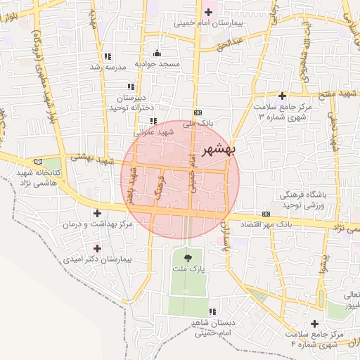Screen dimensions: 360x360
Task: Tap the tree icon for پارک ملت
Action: pos(187,259)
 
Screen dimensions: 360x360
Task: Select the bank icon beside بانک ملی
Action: pos(198,112)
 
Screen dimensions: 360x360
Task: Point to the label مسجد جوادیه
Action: pos(157,64)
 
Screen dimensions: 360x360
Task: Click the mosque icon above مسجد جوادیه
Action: pos(157,53)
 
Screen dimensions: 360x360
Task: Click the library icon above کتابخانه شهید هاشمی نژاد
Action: pos(38,162)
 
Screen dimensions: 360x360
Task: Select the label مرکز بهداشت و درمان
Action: pos(96,224)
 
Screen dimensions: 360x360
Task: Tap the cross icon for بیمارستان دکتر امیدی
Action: pos(97,248)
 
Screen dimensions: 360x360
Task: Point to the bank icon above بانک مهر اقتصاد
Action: pos(266,214)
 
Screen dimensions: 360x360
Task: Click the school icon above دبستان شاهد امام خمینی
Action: pos(212,311)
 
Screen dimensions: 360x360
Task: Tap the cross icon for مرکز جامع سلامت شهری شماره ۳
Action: pos(282,96)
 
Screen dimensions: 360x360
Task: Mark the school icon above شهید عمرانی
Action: pos(153,121)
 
